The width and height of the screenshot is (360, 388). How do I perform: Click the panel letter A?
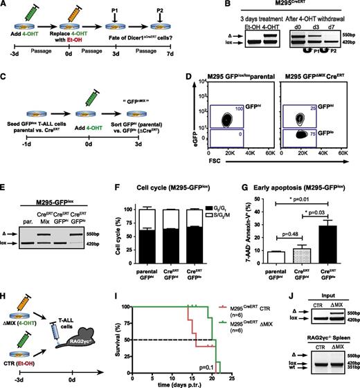click(6, 6)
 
